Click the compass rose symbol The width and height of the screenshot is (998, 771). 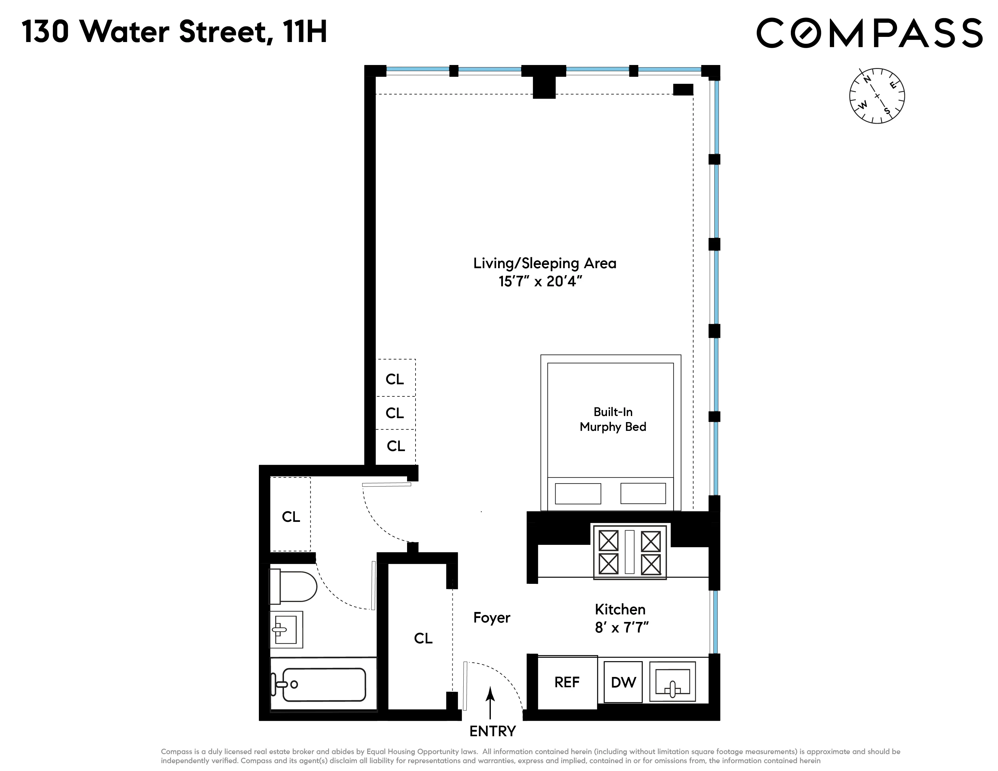[876, 96]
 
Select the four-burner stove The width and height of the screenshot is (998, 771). [630, 552]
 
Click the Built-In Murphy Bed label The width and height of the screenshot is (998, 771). [613, 419]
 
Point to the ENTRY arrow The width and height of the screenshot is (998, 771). [490, 702]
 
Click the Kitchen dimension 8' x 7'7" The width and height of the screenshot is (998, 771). [621, 628]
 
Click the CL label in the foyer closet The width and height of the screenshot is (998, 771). [423, 638]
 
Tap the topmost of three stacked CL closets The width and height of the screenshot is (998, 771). [395, 379]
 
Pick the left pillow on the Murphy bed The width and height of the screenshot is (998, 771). [578, 494]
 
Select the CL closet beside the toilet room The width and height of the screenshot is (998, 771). [291, 517]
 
